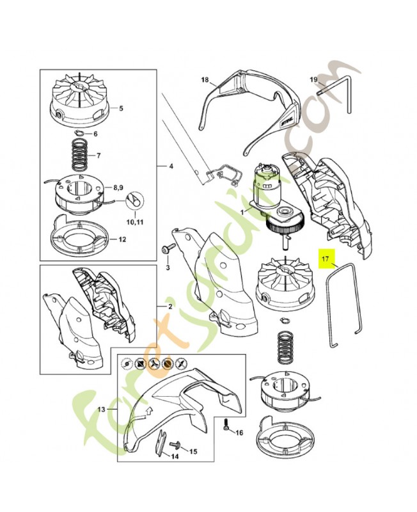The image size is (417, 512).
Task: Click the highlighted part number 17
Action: (x=326, y=259)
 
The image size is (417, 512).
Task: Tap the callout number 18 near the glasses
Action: (x=205, y=79)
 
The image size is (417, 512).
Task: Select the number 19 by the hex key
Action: (x=313, y=79)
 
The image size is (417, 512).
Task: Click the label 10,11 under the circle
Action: (x=135, y=222)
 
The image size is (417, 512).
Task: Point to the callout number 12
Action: (x=122, y=239)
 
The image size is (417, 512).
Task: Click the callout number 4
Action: (x=171, y=166)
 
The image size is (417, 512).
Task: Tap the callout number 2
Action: (x=170, y=307)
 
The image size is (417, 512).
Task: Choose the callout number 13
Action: (x=102, y=409)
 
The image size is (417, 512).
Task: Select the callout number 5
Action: (x=121, y=108)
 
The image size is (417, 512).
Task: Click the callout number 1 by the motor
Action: (x=242, y=212)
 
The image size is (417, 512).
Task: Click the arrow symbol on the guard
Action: (x=149, y=410)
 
